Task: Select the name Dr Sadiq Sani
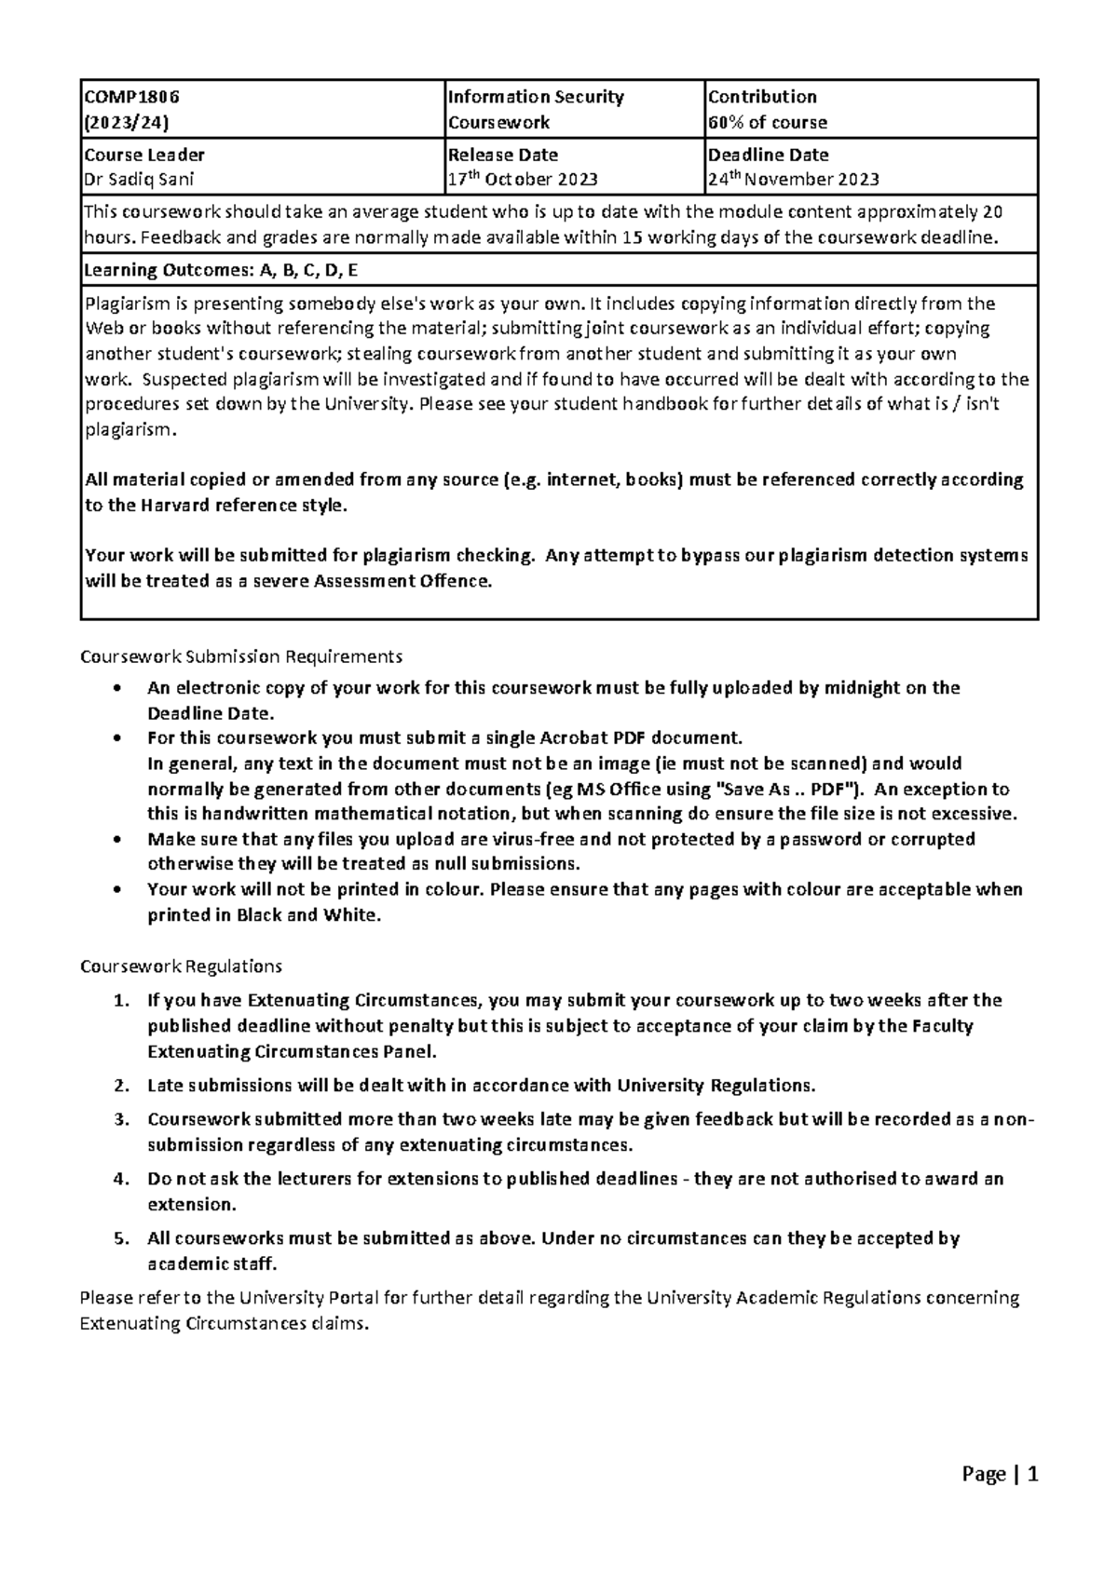[x=140, y=180]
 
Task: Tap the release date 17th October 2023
[x=523, y=179]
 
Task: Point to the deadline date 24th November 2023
[x=793, y=179]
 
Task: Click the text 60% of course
[x=767, y=123]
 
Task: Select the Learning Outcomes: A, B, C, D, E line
[x=221, y=271]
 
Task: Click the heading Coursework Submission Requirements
[x=241, y=656]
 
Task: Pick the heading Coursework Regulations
[x=181, y=966]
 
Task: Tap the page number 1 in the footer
[x=1031, y=1474]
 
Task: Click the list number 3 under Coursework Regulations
[x=118, y=1119]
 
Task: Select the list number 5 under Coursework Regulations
[x=118, y=1238]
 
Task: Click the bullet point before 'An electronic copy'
[x=116, y=688]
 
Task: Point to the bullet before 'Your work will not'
[x=116, y=889]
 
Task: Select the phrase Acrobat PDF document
[x=640, y=738]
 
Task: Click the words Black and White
[x=307, y=915]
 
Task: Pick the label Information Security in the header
[x=536, y=97]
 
